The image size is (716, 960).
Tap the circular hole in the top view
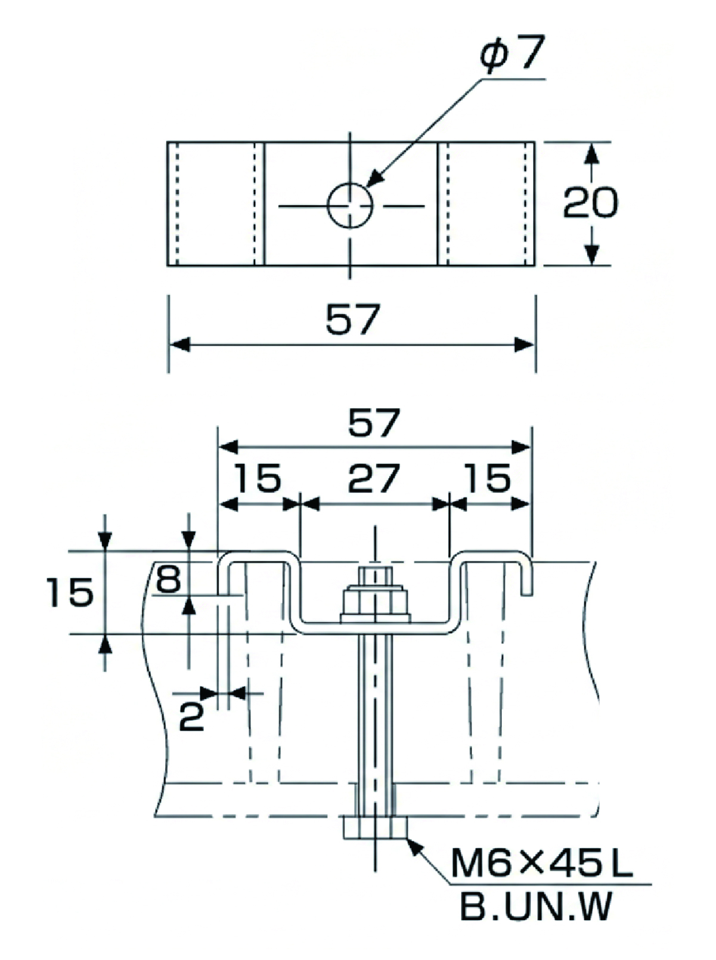pos(351,206)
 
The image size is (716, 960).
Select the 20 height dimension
pos(590,203)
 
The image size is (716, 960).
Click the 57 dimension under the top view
pos(352,319)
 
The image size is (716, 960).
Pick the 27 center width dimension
pos(373,479)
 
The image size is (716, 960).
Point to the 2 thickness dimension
pos(191,717)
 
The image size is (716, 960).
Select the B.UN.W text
pos(535,906)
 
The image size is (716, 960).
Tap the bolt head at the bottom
pos(375,828)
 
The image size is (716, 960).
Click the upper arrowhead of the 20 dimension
pos(590,153)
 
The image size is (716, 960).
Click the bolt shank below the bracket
pos(375,716)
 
